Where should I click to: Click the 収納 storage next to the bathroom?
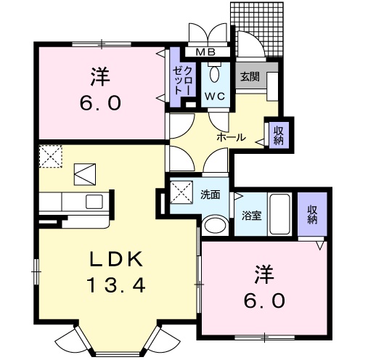coord(313,216)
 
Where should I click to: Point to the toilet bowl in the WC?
coord(214,73)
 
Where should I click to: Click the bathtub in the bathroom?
coord(279,214)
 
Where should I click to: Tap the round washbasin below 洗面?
coord(213,226)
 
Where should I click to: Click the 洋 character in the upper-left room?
coord(99,75)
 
